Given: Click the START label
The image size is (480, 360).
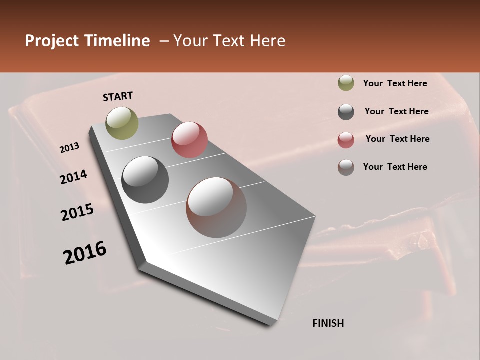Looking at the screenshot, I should pos(118,96).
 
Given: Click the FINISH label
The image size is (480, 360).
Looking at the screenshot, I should pos(328,323).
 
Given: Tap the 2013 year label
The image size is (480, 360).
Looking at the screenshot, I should pos(69,148).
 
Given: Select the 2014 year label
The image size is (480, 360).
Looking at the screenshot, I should pos(73,177).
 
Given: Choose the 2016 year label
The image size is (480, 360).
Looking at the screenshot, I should pos(85,253).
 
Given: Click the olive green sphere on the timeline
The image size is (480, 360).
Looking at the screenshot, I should pos(122,123).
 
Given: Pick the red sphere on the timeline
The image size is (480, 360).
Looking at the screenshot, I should pos(189,140).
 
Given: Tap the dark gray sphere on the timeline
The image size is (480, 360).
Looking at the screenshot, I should pos(145,180).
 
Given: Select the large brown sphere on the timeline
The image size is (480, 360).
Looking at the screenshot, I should pos(216,207).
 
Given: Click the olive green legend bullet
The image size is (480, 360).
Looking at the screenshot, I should pos(346,83).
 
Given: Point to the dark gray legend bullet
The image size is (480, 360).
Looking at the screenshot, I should pos(346,112).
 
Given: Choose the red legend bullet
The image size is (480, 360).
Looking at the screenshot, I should pos(346,139).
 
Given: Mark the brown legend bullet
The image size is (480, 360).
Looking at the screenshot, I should pos(346,167).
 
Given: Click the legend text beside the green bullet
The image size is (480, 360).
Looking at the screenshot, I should pos(395,83).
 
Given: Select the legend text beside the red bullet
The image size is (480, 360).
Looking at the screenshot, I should pos(397,139).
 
